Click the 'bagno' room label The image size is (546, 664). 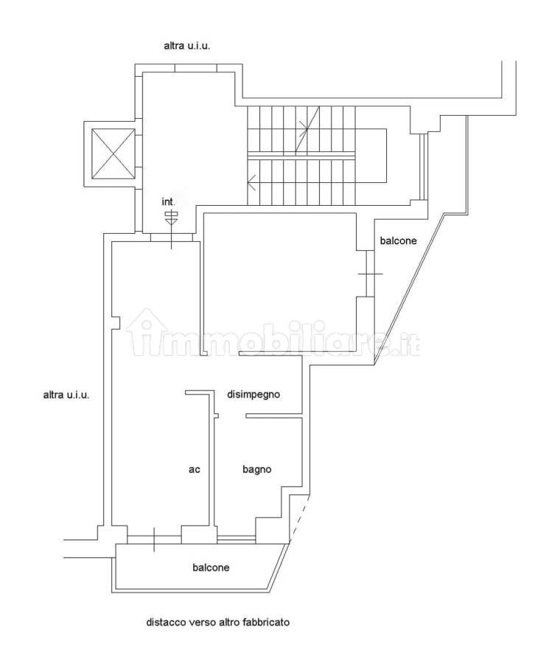256,469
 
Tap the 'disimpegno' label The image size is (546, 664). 253,394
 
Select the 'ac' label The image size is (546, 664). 194,469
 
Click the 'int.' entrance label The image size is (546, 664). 168,201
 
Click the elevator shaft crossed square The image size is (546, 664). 113,153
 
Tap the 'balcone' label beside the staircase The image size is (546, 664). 398,241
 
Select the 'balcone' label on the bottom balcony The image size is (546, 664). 211,567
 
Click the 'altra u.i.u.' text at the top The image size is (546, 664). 186,46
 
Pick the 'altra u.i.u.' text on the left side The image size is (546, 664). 66,395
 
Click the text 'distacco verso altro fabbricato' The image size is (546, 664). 218,622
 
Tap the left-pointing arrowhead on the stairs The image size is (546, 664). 252,183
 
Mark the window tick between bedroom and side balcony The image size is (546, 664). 370,274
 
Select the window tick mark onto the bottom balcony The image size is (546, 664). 154,539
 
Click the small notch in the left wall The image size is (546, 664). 116,323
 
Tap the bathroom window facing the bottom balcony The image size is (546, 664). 237,539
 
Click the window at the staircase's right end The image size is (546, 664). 422,167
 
